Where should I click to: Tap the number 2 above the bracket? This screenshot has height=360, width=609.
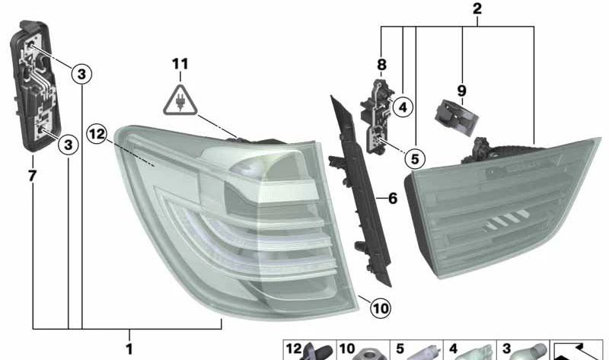[477, 10]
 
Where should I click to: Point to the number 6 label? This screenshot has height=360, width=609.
[392, 199]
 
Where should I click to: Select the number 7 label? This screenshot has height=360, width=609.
[32, 177]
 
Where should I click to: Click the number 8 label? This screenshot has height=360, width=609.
[381, 65]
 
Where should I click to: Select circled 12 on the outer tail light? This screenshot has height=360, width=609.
[97, 135]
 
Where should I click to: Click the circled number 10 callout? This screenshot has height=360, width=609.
[381, 308]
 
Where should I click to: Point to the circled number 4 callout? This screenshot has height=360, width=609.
[403, 107]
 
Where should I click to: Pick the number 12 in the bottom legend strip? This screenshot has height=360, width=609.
[293, 351]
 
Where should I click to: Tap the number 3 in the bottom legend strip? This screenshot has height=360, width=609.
[505, 351]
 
